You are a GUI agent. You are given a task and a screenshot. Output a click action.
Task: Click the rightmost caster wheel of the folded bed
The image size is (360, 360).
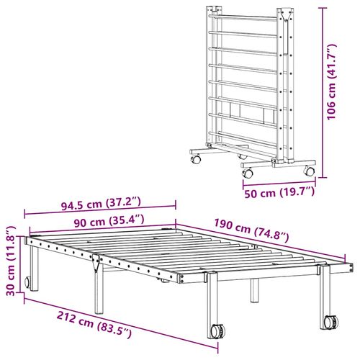pyautogui.click(x=309, y=171)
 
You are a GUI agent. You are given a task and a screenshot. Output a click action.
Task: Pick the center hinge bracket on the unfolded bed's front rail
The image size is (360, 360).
pyautogui.click(x=96, y=265)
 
